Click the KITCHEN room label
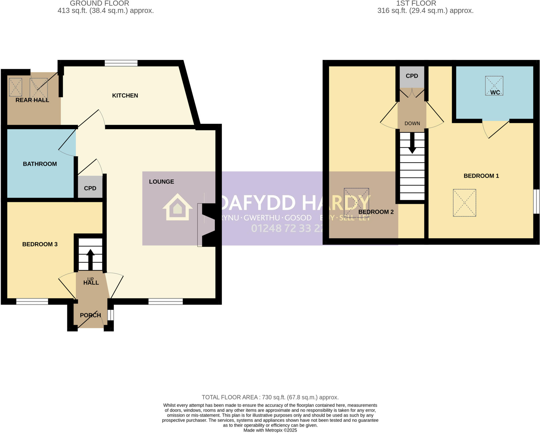125,95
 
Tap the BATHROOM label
40,164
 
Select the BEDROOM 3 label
40,244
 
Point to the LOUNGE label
161,181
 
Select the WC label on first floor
495,92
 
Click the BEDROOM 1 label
481,176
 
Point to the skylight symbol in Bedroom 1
464,203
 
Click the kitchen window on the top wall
121,63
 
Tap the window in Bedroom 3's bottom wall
32,301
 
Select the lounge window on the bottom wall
166,301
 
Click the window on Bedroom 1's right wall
536,201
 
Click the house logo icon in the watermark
177,207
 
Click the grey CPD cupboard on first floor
412,76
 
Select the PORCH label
90,315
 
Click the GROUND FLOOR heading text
99,3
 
